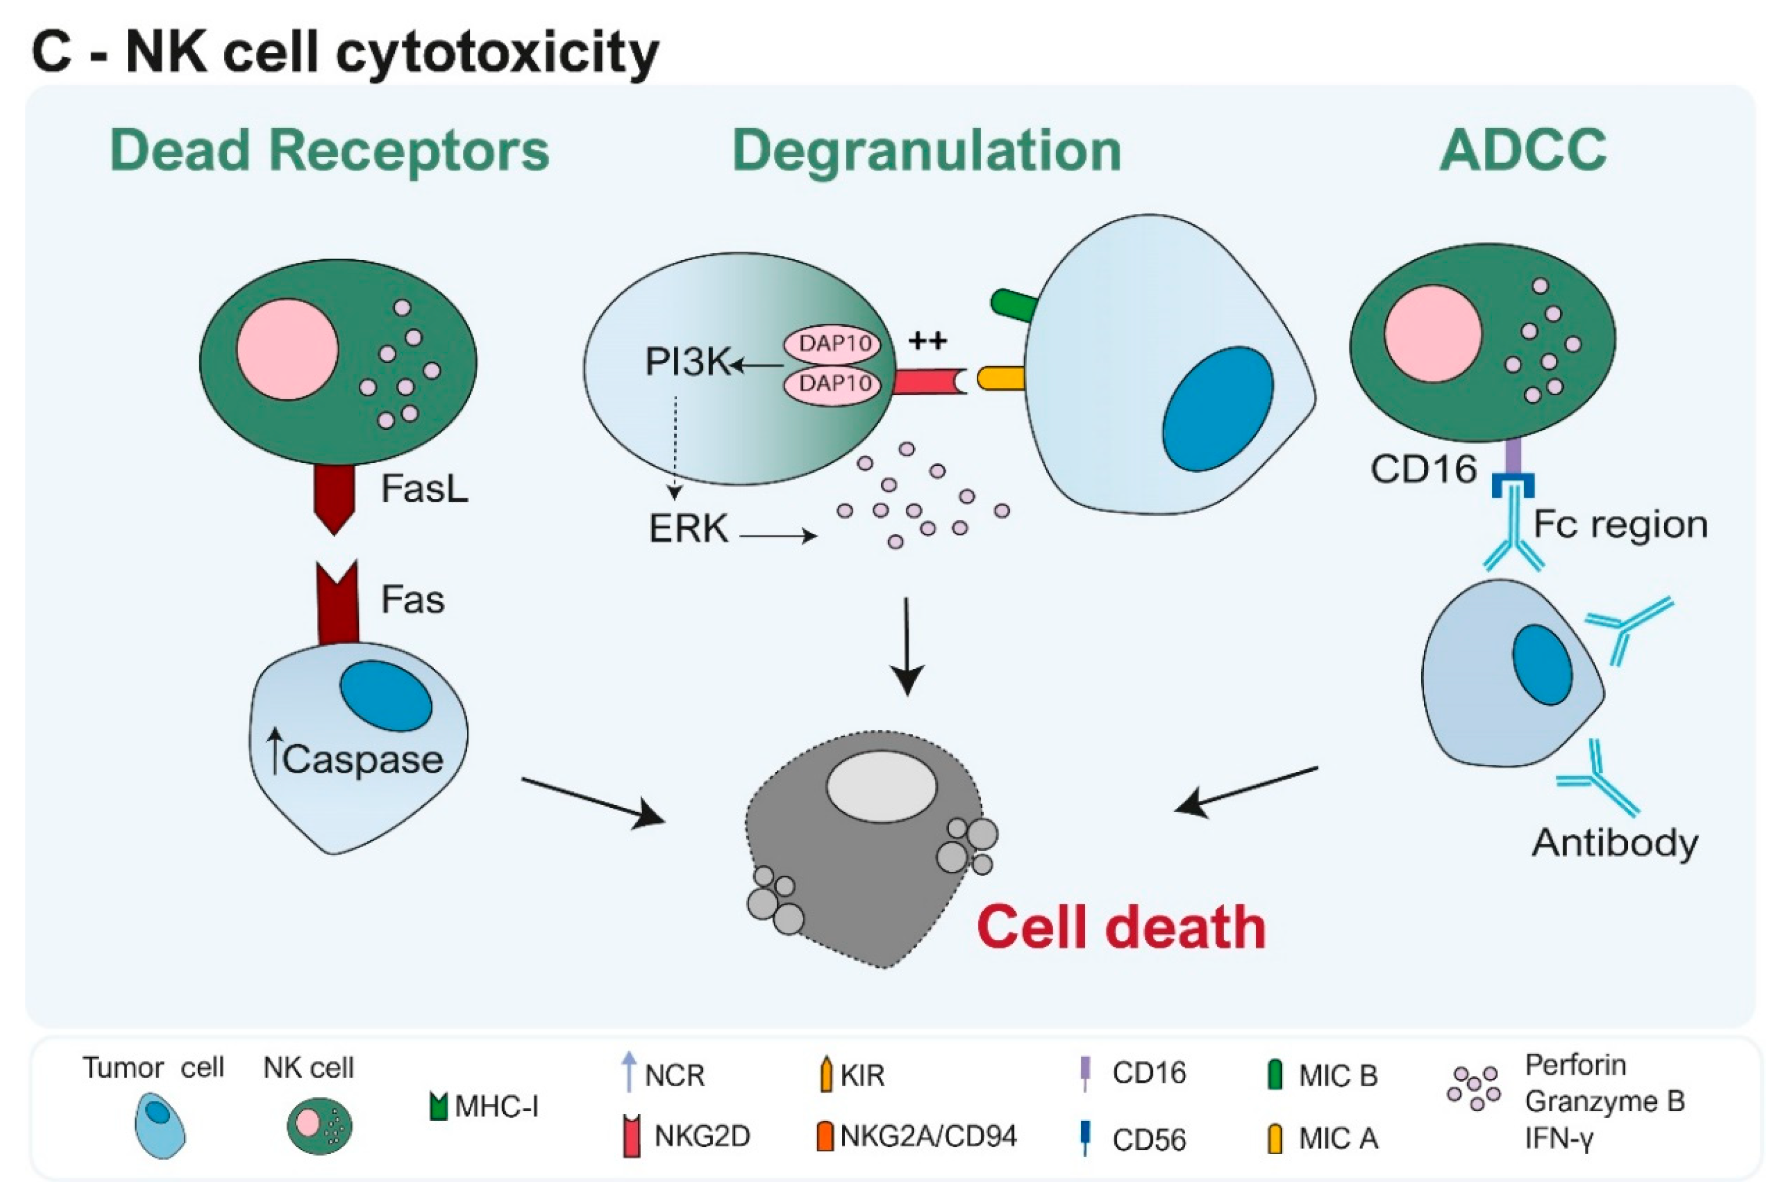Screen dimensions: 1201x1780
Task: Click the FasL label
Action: [425, 488]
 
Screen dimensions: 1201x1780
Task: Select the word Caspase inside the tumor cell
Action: [362, 759]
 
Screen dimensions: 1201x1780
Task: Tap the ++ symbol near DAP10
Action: [928, 340]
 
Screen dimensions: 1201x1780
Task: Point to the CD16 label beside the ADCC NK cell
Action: [1423, 469]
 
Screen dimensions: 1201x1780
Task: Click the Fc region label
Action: [1620, 525]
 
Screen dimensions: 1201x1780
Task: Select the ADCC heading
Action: [1522, 150]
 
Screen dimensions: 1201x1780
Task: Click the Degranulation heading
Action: [927, 150]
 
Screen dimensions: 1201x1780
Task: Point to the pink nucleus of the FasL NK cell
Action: [287, 349]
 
